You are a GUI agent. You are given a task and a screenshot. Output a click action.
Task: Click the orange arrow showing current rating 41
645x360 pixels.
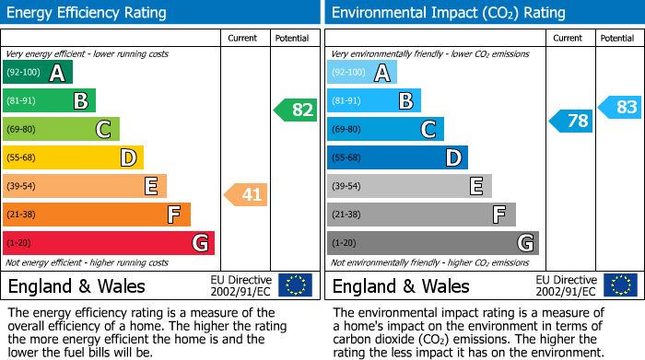[245, 194]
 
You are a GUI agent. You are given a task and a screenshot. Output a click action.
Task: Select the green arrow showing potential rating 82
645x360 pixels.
[295, 110]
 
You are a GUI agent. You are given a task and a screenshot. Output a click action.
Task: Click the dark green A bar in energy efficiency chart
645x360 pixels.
[38, 73]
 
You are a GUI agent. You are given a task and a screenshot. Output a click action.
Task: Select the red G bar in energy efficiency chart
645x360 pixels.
[109, 243]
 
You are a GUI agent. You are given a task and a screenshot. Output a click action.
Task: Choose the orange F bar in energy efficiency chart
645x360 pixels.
[97, 215]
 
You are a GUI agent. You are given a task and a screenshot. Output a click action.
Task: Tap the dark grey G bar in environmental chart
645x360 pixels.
[432, 243]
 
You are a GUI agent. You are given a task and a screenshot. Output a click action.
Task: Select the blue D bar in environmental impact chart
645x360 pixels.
[397, 157]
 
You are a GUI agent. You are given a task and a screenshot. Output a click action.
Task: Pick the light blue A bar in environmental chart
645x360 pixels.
[362, 73]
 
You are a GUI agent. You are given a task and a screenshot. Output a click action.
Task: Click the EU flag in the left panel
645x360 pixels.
[295, 285]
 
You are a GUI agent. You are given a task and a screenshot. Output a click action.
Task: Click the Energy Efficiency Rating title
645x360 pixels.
[88, 13]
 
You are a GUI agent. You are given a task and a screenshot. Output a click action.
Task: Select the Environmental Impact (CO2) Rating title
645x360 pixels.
[448, 13]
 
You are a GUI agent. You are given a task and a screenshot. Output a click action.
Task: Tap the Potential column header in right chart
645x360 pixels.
[617, 38]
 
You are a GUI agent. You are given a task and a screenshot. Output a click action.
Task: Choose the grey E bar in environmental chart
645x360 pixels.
[409, 186]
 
